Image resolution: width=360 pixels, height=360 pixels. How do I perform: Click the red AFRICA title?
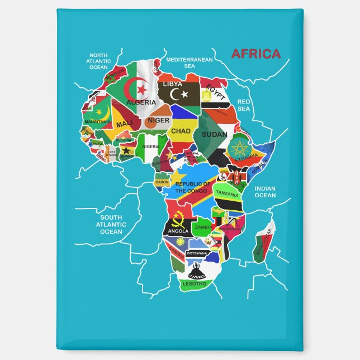tap(255, 54)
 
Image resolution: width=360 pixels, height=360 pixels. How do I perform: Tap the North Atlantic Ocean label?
tap(98, 61)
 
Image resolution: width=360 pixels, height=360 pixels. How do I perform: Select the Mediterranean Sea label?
tap(190, 62)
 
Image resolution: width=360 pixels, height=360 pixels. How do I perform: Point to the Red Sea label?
tap(244, 105)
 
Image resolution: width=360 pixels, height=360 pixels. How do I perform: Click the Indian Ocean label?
tap(265, 192)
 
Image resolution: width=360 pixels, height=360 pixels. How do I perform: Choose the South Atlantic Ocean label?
tap(111, 224)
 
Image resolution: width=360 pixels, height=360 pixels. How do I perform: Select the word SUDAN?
tap(214, 135)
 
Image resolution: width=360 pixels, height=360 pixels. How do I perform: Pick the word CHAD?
tap(181, 131)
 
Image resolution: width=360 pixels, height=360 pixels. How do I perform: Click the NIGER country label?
tap(158, 120)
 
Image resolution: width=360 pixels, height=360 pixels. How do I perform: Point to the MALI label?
tap(125, 123)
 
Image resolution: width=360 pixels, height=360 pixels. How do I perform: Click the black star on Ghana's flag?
tap(126, 150)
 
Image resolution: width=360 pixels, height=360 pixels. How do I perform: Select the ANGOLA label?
tap(178, 231)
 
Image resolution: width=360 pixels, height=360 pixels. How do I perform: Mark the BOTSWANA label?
tap(197, 253)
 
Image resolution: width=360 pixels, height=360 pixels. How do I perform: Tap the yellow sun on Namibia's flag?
tap(180, 242)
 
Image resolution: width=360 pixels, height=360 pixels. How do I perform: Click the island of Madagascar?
tap(264, 241)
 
